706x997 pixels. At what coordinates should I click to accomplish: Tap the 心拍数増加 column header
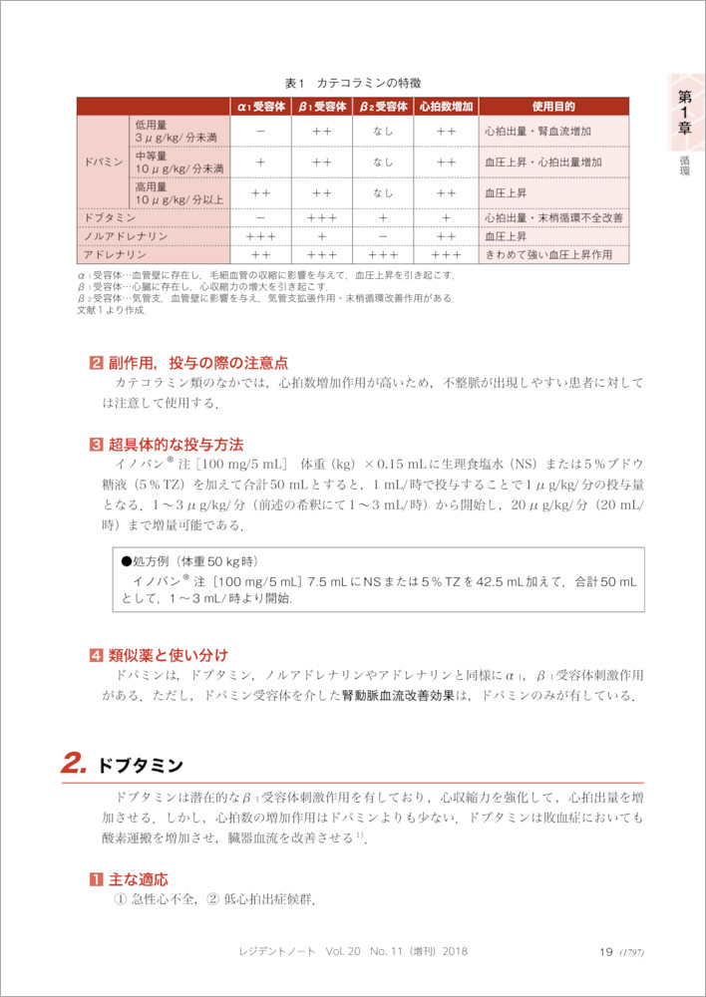point(446,106)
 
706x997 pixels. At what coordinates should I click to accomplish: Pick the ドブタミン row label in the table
point(111,216)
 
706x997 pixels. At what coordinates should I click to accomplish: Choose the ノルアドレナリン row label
point(125,235)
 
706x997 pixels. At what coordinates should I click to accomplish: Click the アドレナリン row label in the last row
point(114,254)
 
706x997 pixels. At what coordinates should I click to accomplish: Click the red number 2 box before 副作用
point(96,362)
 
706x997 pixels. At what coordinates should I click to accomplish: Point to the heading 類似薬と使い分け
point(169,655)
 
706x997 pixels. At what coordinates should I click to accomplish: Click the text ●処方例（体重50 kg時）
point(188,562)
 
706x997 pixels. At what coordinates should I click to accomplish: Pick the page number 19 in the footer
point(605,952)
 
